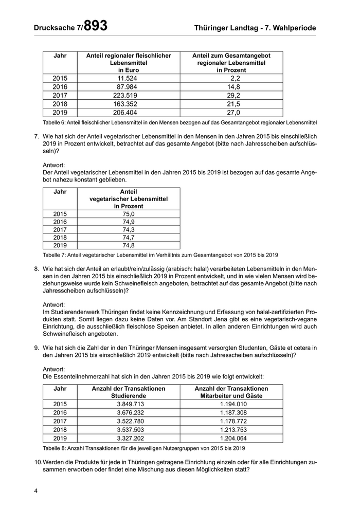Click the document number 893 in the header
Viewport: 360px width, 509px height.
coord(96,26)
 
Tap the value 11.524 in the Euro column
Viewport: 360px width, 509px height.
coord(128,78)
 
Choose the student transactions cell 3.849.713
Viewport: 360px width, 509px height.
coord(128,405)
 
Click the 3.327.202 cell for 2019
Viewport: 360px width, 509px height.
coord(128,438)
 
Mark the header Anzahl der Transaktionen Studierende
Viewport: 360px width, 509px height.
coord(128,392)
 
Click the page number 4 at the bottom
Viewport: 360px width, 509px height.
coord(36,491)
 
